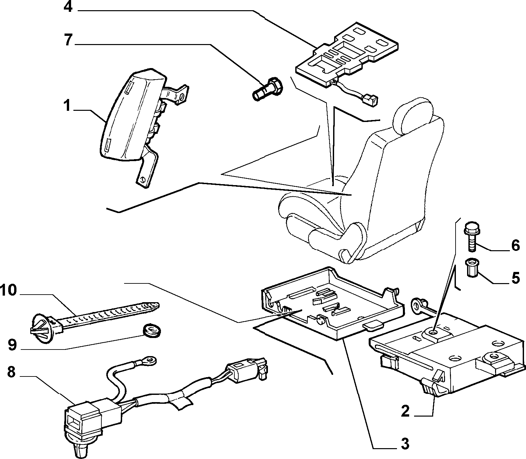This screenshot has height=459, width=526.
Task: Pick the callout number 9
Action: pos(12,345)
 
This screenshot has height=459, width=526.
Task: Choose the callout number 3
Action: pos(405,444)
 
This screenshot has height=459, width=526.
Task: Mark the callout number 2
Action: pos(405,411)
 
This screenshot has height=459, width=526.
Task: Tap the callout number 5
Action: pos(515,278)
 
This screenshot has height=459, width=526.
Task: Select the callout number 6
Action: pos(515,245)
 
